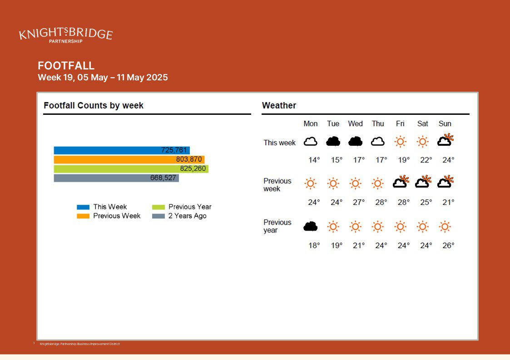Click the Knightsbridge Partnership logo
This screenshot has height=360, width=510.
(66, 35)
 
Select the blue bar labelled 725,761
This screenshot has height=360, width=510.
(121, 150)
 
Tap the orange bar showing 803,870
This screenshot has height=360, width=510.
(129, 159)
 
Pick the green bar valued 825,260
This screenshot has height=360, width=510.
(131, 169)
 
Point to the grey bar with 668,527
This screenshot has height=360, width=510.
(116, 178)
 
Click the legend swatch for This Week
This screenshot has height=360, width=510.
(83, 207)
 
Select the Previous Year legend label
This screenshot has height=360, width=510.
(190, 207)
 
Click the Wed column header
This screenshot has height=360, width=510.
(355, 123)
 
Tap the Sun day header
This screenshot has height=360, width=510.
(445, 123)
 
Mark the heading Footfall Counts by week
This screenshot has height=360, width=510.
(94, 106)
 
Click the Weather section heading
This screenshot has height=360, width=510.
(279, 106)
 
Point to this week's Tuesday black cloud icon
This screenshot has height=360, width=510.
(333, 142)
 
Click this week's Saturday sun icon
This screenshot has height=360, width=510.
(422, 142)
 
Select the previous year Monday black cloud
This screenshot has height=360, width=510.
(311, 226)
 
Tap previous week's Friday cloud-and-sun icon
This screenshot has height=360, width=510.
(401, 182)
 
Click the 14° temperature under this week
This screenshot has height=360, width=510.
(314, 160)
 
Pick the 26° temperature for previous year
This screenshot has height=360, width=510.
(448, 246)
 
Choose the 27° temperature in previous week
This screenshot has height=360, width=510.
(359, 202)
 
